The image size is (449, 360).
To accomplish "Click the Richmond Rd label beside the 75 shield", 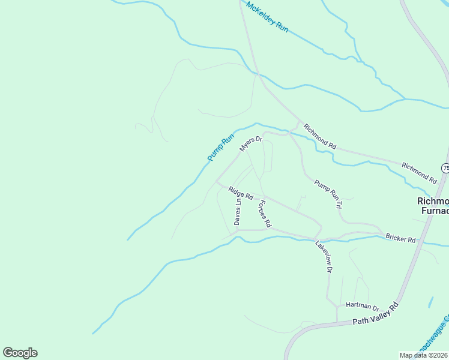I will click(x=419, y=173).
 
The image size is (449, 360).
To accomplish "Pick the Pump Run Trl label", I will click(x=328, y=195).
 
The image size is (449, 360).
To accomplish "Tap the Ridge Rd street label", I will click(x=241, y=193).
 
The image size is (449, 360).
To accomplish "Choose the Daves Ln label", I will click(x=238, y=212).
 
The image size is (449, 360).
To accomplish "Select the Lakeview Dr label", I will click(x=324, y=257).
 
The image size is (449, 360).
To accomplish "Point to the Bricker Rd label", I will click(x=401, y=239).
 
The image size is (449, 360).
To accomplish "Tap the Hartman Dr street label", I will click(x=363, y=307).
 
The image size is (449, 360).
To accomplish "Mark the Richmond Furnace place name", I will click(x=433, y=206).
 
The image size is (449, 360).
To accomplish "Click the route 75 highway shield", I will click(x=445, y=168).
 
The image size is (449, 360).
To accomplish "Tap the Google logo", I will click(x=20, y=353).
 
